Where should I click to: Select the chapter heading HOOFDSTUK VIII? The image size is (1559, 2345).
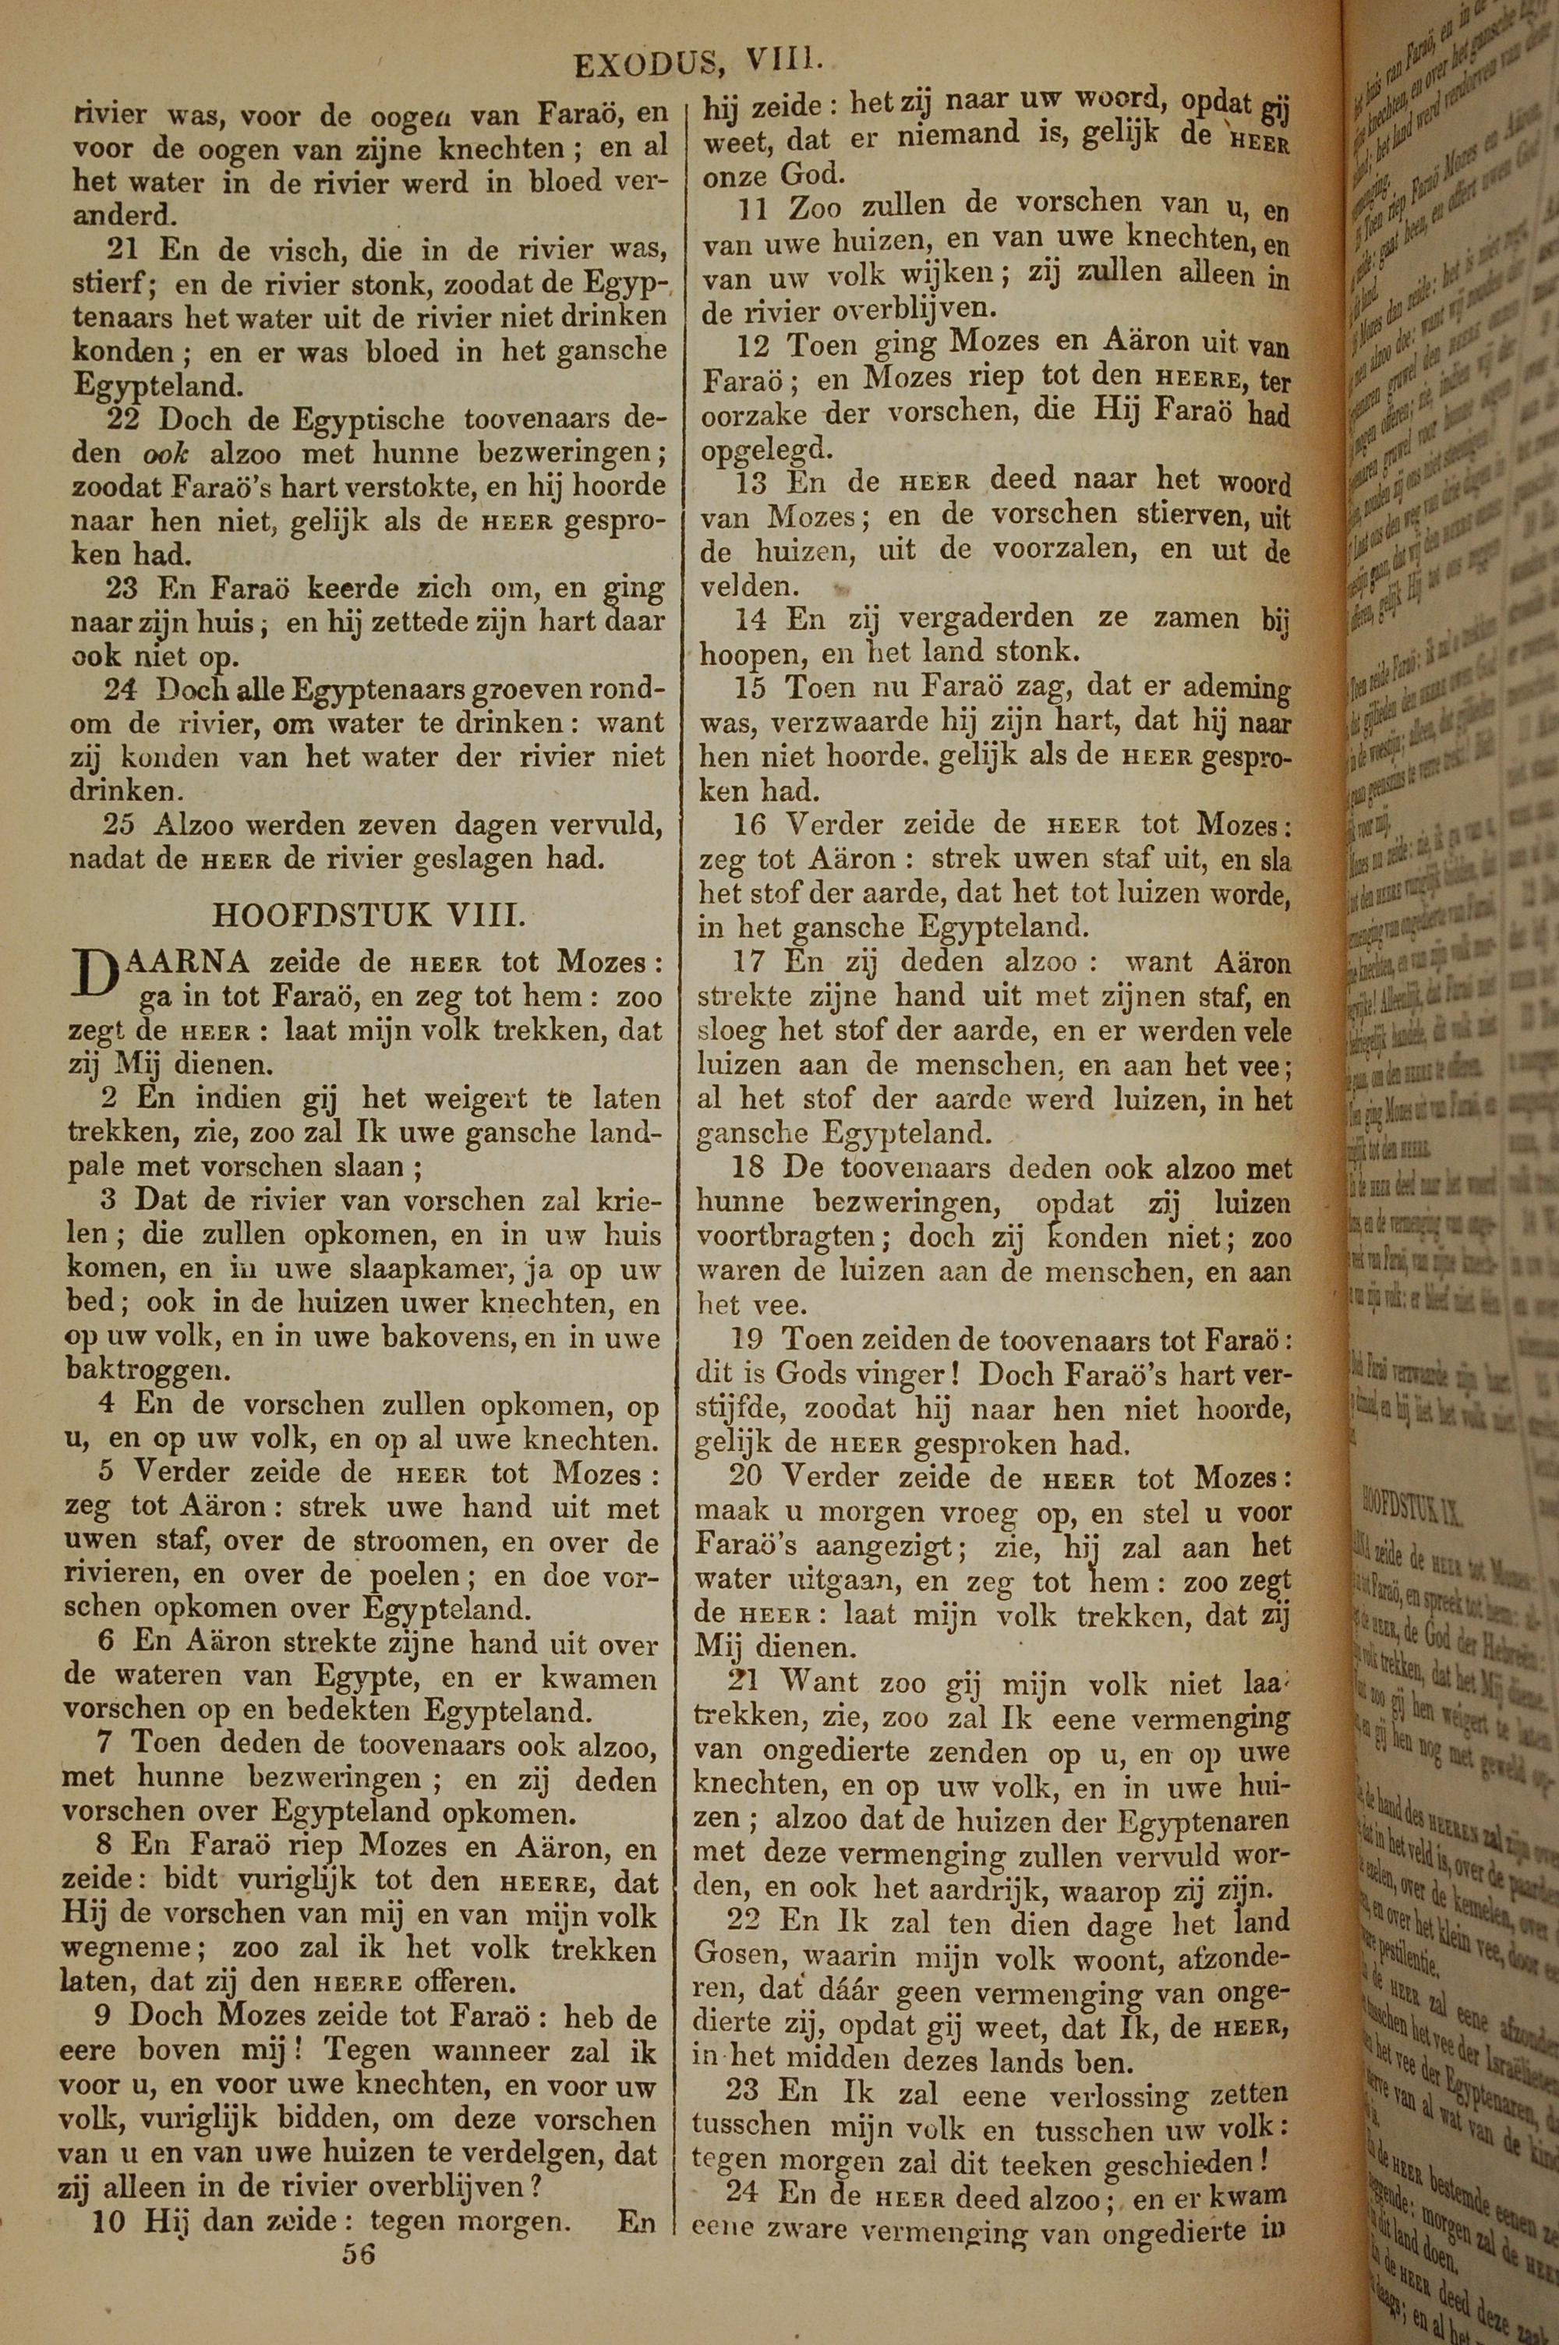tap(369, 914)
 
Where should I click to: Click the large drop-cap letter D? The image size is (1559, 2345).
tap(93, 980)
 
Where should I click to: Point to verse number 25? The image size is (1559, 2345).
tap(125, 824)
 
